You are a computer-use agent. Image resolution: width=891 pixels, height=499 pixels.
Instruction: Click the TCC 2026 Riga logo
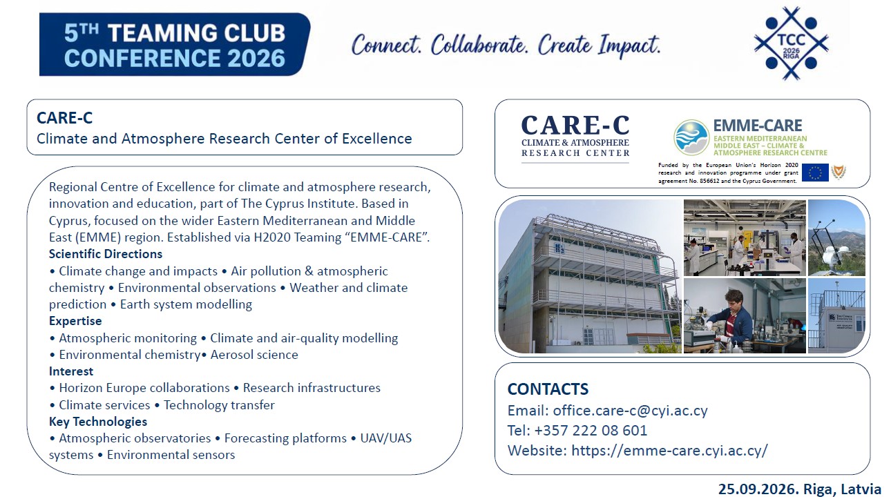click(x=791, y=43)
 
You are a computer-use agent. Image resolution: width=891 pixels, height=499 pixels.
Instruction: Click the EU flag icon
click(x=815, y=173)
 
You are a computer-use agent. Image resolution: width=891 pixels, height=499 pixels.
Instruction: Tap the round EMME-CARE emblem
click(x=691, y=137)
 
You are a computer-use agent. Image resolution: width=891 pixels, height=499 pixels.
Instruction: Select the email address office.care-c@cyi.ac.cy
click(x=630, y=411)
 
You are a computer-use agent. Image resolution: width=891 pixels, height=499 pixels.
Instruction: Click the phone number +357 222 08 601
click(x=591, y=431)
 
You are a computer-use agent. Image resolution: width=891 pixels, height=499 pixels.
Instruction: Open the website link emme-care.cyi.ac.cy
click(x=669, y=451)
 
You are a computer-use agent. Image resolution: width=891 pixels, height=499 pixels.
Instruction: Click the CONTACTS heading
click(x=548, y=389)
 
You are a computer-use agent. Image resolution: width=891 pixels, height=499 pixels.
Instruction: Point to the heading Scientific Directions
click(x=106, y=254)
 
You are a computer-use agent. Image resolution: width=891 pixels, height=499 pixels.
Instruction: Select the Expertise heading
click(x=75, y=321)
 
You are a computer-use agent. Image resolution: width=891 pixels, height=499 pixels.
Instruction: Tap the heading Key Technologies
click(x=98, y=422)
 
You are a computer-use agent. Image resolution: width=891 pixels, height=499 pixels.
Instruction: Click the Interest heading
click(x=71, y=371)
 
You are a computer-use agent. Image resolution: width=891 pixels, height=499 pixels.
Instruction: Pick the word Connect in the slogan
click(x=386, y=45)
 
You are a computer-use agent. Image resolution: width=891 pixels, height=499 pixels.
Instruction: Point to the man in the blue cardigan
click(x=732, y=314)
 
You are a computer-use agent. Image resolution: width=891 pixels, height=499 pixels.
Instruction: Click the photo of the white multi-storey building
click(x=590, y=276)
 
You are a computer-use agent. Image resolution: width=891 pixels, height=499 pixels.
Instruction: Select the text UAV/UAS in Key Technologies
click(x=386, y=438)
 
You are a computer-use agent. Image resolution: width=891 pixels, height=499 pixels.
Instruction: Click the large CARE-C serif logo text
click(x=575, y=125)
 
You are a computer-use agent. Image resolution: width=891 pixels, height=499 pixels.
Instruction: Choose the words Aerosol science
click(x=254, y=355)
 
